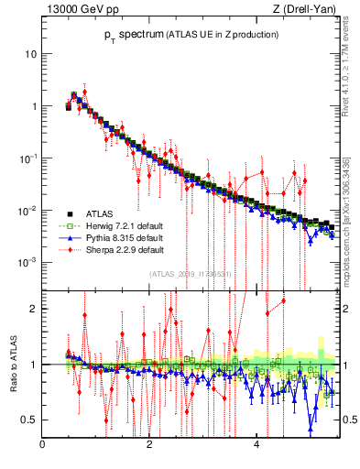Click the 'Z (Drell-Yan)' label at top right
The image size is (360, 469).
tap(310, 9)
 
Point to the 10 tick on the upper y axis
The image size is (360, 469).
tap(30, 53)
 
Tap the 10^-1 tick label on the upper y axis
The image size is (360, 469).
tap(27, 158)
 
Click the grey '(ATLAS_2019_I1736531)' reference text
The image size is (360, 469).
tap(190, 273)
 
